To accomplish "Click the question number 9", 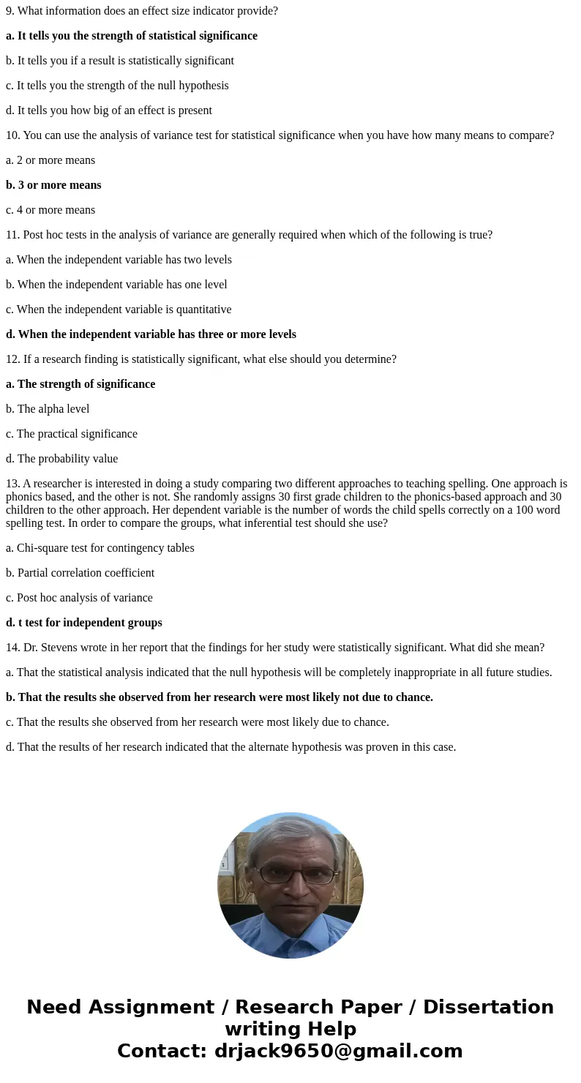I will [x=10, y=11].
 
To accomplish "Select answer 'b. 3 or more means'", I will [x=53, y=185].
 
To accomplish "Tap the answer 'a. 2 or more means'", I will [x=50, y=160].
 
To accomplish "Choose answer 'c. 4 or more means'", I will [x=50, y=210].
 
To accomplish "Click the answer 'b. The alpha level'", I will [x=48, y=409].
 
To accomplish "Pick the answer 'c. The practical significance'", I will [x=72, y=434].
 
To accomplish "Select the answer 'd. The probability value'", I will [x=61, y=459].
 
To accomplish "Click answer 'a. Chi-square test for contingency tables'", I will [x=100, y=548].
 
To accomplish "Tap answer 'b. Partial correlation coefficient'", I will [x=80, y=573].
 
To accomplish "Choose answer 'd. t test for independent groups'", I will [x=84, y=623].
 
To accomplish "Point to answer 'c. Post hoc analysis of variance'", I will [x=79, y=598].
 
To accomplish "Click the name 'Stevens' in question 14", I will [x=59, y=648].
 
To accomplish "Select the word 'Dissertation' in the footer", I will [x=488, y=1007].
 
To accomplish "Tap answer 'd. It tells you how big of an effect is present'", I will [x=109, y=110].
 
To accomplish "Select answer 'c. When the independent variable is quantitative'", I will [x=119, y=310].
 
